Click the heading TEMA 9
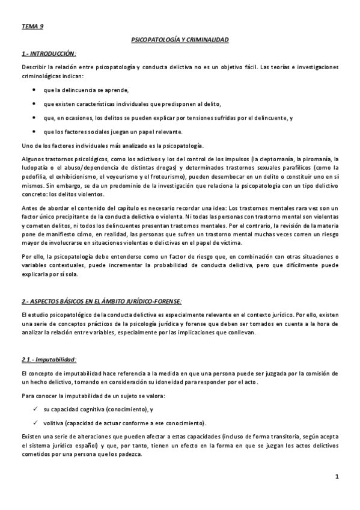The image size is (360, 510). click(x=32, y=26)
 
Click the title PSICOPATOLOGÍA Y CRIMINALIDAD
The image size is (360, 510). click(x=180, y=40)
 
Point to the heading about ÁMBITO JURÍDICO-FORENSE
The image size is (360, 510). click(x=100, y=300)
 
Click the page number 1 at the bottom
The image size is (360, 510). click(x=338, y=477)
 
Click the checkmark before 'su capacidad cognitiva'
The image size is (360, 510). click(x=38, y=409)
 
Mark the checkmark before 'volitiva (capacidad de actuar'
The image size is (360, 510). click(x=38, y=423)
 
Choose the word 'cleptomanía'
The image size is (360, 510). click(x=276, y=159)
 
